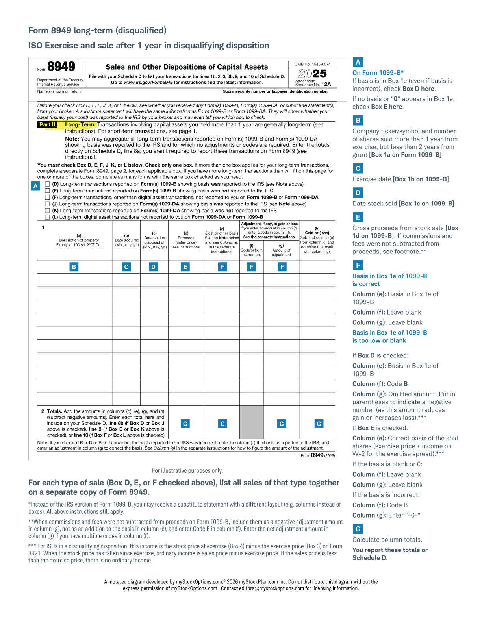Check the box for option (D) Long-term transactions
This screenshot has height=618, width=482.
point(48,184)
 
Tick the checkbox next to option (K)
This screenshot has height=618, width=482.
point(48,211)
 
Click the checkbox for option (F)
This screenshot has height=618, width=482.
point(48,197)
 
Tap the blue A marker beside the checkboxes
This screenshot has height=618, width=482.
point(35,186)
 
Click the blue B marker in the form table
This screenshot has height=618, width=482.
point(74,267)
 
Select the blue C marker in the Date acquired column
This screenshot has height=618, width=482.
point(126,267)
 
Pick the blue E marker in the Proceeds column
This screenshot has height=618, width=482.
point(185,267)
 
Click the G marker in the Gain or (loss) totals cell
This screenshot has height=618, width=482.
point(319,424)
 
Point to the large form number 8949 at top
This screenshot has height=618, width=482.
point(61,67)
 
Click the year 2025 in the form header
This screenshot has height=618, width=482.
point(312,74)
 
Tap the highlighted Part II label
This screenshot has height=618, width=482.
point(47,124)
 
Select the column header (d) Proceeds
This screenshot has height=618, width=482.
point(186,238)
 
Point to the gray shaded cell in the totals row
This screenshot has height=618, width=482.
point(251,422)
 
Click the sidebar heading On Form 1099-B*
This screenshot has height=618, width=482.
point(378,73)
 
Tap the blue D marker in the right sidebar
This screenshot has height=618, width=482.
point(358,192)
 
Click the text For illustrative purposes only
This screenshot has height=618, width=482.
point(187,470)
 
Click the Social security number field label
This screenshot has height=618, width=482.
point(275,91)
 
